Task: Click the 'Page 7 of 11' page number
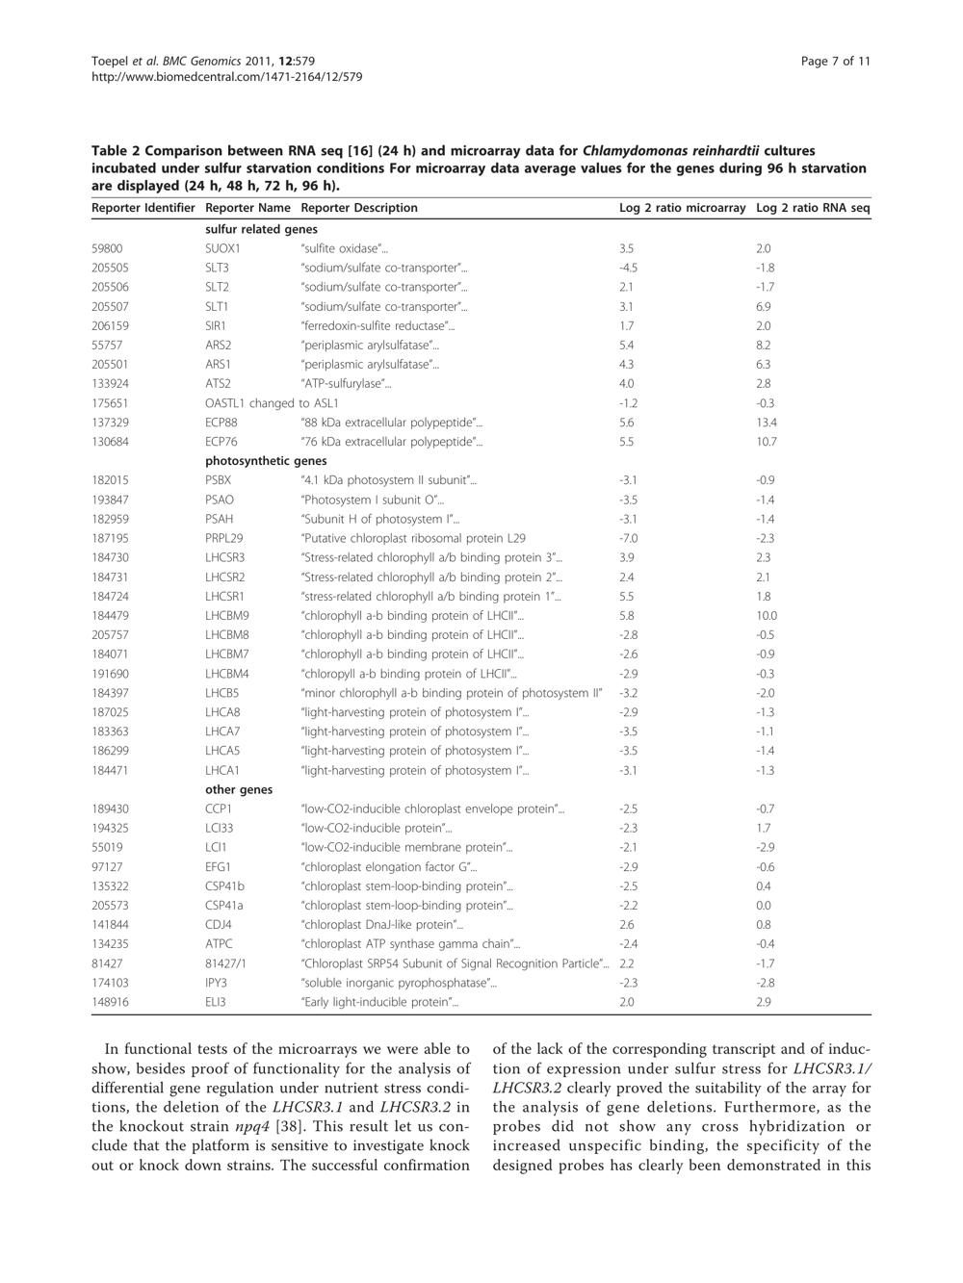835,62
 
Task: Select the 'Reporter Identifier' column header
143,208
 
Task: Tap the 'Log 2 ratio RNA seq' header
813,208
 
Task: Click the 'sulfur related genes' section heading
261,229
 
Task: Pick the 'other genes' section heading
239,790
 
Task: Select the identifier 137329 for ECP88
110,423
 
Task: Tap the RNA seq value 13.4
767,423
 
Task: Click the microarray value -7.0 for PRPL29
628,538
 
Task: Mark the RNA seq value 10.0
767,616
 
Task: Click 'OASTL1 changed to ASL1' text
272,403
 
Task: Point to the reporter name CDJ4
219,925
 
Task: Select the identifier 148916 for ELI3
110,1002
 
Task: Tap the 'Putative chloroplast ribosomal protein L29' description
413,538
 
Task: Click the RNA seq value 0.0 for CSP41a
764,906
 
